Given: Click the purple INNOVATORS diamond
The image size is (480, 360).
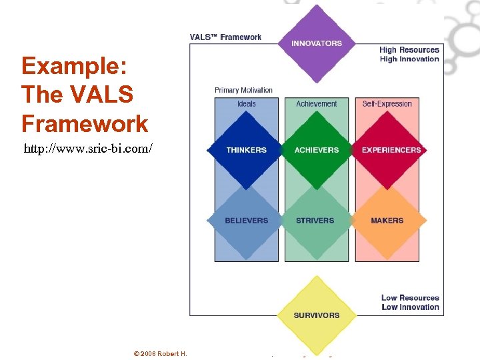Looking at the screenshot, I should [x=317, y=44].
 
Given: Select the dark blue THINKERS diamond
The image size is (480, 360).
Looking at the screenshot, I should [x=247, y=150].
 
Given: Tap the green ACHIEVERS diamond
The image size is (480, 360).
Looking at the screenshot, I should [x=317, y=150].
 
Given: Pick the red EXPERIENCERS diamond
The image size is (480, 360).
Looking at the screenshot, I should [x=391, y=150].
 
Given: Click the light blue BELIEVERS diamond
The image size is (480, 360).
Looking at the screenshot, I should [x=247, y=220].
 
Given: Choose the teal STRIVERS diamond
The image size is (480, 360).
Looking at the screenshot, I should [x=315, y=220].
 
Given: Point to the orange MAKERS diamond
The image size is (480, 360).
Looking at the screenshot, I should [x=387, y=220].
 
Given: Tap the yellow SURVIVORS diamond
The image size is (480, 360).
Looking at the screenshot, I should [x=317, y=315].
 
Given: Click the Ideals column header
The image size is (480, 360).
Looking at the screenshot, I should [x=247, y=104].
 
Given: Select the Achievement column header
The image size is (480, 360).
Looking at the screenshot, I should [x=317, y=104].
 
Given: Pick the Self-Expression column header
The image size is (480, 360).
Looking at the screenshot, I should [x=387, y=104].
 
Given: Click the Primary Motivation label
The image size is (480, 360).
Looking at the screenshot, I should [x=243, y=91].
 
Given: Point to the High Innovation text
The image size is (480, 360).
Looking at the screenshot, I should [x=409, y=59].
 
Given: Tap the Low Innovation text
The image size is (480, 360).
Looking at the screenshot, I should [x=410, y=307].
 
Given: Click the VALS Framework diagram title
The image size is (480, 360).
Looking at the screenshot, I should [x=225, y=37].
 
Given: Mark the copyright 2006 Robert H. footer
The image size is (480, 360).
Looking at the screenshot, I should [x=160, y=353].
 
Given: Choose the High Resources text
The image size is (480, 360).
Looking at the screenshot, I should [x=409, y=50].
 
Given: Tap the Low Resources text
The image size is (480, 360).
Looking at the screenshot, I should [x=410, y=298].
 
